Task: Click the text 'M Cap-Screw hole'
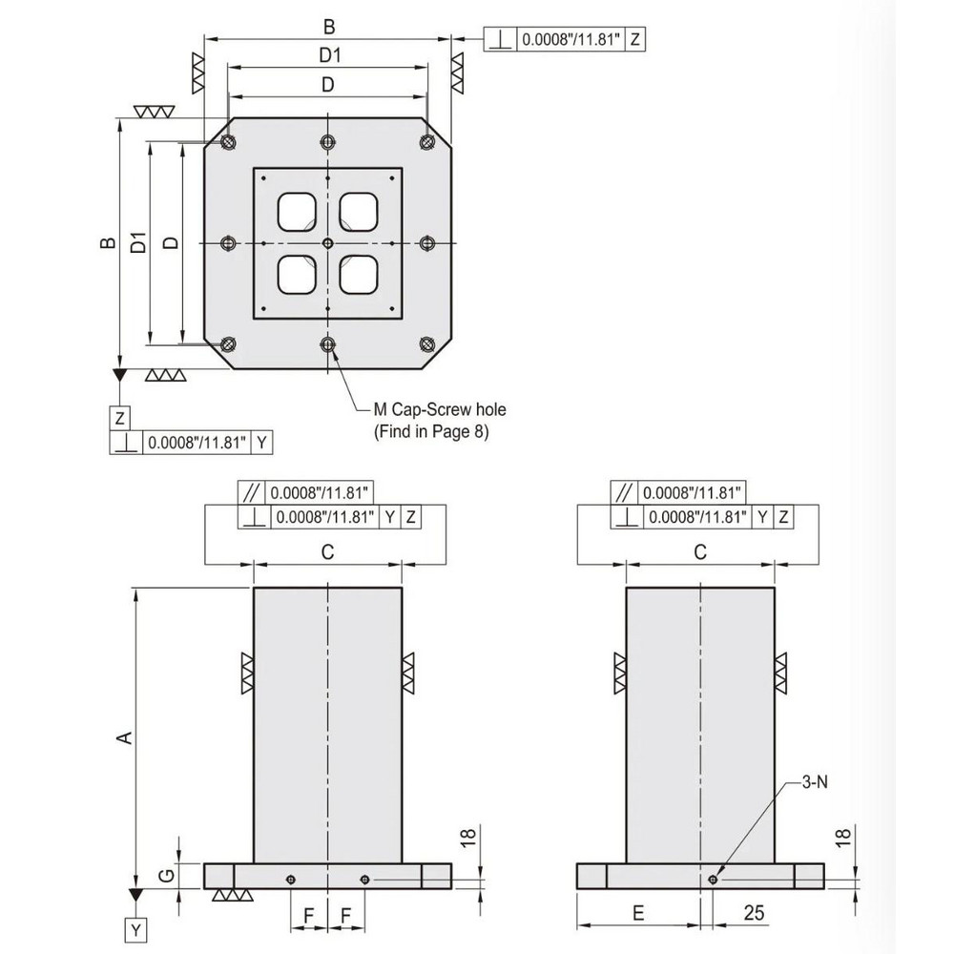point(439,409)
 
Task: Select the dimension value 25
point(754,913)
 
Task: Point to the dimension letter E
point(638,913)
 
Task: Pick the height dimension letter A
point(121,736)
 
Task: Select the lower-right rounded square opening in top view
point(359,275)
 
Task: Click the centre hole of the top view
point(327,243)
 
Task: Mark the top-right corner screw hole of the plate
point(426,141)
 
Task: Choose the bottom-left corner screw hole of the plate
point(228,344)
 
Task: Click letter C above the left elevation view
point(327,550)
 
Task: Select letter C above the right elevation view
point(699,550)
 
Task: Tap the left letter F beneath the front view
point(308,913)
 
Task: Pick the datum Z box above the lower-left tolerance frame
point(120,418)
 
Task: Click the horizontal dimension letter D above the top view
point(327,85)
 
